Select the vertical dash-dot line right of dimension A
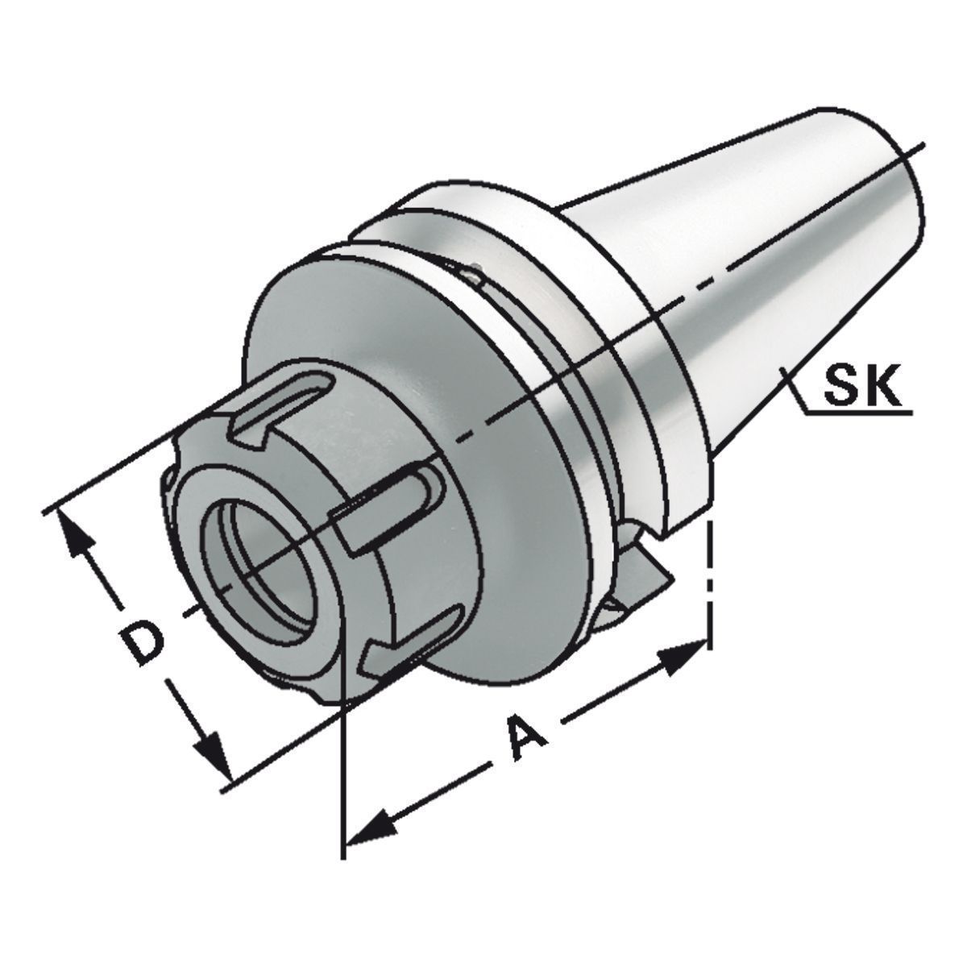coord(708,580)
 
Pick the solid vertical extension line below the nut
coord(344,774)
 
